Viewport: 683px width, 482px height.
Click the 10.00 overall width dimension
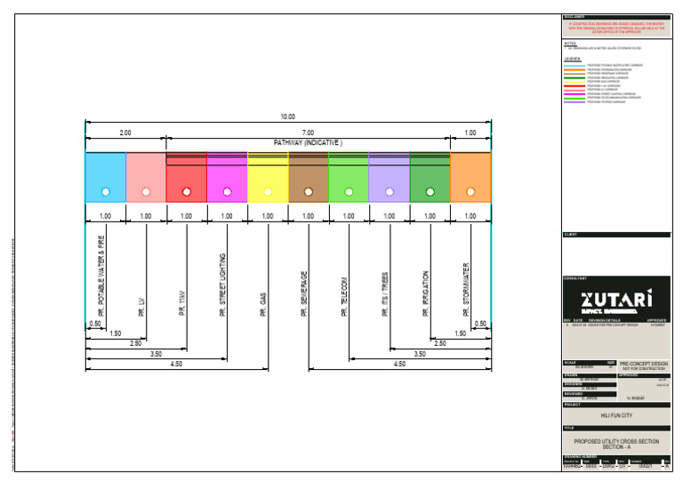[287, 116]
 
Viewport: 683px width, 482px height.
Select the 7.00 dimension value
[308, 133]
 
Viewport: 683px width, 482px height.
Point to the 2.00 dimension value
[125, 133]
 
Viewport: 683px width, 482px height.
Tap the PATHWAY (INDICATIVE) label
[308, 142]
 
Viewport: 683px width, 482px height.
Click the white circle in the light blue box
[105, 191]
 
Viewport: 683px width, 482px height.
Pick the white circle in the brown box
[308, 191]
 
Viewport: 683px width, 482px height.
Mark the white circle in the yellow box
[267, 191]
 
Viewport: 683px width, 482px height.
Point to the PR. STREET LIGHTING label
[222, 285]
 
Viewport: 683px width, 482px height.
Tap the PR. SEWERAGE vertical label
[303, 293]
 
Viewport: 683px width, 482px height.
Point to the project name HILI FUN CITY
[615, 415]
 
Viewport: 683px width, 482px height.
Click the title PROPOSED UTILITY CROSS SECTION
[615, 441]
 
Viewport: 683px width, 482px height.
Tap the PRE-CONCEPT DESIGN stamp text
[642, 364]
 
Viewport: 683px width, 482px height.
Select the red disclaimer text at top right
[615, 28]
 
